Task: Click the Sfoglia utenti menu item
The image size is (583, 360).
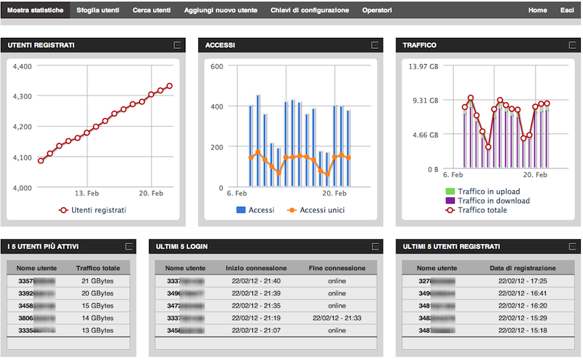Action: point(98,11)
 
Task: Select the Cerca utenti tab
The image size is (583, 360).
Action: point(153,11)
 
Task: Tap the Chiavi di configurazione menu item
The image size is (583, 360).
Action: point(310,11)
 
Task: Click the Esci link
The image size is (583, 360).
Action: point(566,11)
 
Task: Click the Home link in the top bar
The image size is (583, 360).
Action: point(538,11)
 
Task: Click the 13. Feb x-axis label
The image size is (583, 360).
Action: point(87,194)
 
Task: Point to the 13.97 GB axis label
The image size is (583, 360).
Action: point(424,67)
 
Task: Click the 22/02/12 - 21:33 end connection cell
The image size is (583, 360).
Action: point(337,318)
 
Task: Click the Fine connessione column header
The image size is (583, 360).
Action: point(336,268)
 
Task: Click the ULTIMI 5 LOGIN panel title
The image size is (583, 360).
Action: point(181,247)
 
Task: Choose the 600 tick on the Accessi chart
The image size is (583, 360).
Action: point(216,66)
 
